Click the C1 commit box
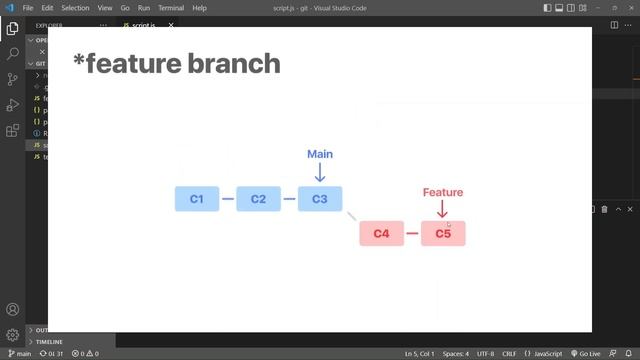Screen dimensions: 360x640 coord(196,199)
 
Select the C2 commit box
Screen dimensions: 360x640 coord(258,199)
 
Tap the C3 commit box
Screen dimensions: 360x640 coord(320,199)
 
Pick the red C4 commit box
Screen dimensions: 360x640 coord(381,234)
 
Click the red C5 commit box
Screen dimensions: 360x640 coord(443,234)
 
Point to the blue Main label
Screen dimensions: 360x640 coord(320,154)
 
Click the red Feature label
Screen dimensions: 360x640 coord(443,192)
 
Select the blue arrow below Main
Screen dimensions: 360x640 coord(320,173)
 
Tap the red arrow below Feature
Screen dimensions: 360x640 coord(443,209)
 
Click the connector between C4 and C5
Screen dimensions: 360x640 coord(412,234)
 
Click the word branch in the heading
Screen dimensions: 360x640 coord(231,64)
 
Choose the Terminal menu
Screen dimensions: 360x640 coord(170,7)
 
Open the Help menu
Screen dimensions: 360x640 coord(199,7)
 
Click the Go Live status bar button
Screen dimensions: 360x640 coord(584,354)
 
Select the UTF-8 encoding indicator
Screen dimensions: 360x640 coord(485,354)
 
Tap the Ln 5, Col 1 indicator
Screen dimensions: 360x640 coord(420,354)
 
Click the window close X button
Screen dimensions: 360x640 coord(628,7)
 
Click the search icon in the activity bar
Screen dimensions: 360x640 coord(12,53)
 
